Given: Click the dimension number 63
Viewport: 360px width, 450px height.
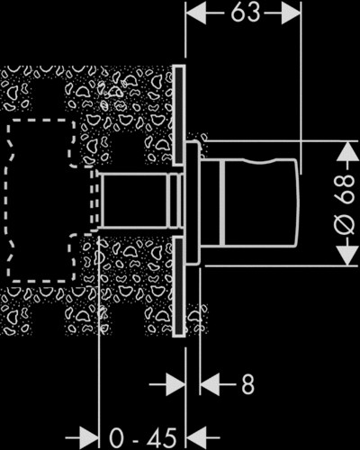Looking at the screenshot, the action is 246,13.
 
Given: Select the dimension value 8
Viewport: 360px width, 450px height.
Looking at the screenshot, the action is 247,384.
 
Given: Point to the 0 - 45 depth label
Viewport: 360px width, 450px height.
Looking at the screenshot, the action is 142,438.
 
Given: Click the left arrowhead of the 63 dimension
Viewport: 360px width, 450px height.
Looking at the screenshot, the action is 196,13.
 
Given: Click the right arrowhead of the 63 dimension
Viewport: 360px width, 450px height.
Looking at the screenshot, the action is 291,13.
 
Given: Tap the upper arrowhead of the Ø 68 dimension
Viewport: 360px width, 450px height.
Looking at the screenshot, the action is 346,151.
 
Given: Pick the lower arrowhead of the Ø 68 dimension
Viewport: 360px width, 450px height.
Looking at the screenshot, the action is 346,256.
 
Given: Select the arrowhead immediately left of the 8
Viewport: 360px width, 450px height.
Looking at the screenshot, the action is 210,384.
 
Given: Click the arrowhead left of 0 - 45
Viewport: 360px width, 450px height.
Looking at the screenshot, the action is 89,438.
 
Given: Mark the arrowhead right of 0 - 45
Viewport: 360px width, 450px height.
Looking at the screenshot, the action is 196,438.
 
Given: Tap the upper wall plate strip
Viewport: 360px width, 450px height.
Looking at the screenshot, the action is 179,115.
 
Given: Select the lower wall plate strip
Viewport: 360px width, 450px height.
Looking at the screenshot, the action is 179,286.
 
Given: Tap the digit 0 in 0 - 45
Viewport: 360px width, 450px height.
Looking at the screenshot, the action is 116,438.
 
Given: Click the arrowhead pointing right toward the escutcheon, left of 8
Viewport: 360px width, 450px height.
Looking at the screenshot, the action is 175,384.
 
